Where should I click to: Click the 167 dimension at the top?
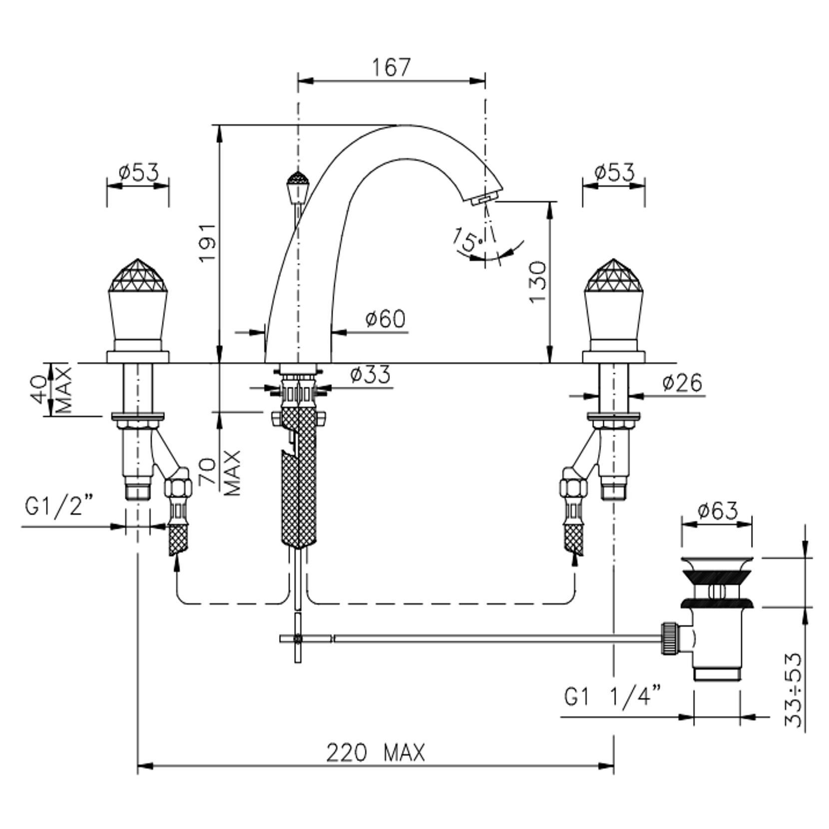pos(391,67)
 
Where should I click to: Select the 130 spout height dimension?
pos(538,282)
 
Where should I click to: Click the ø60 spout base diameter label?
pos(385,319)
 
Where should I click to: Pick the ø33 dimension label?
pos(370,375)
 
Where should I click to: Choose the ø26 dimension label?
pos(682,383)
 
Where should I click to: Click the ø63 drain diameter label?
pos(717,511)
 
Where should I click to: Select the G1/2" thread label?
pos(59,507)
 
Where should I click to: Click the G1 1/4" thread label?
pos(613,696)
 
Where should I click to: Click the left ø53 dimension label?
pos(138,173)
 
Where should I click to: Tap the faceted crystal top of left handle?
pos(138,275)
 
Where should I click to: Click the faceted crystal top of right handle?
pos(613,275)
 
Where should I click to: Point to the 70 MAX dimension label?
pos(219,473)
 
